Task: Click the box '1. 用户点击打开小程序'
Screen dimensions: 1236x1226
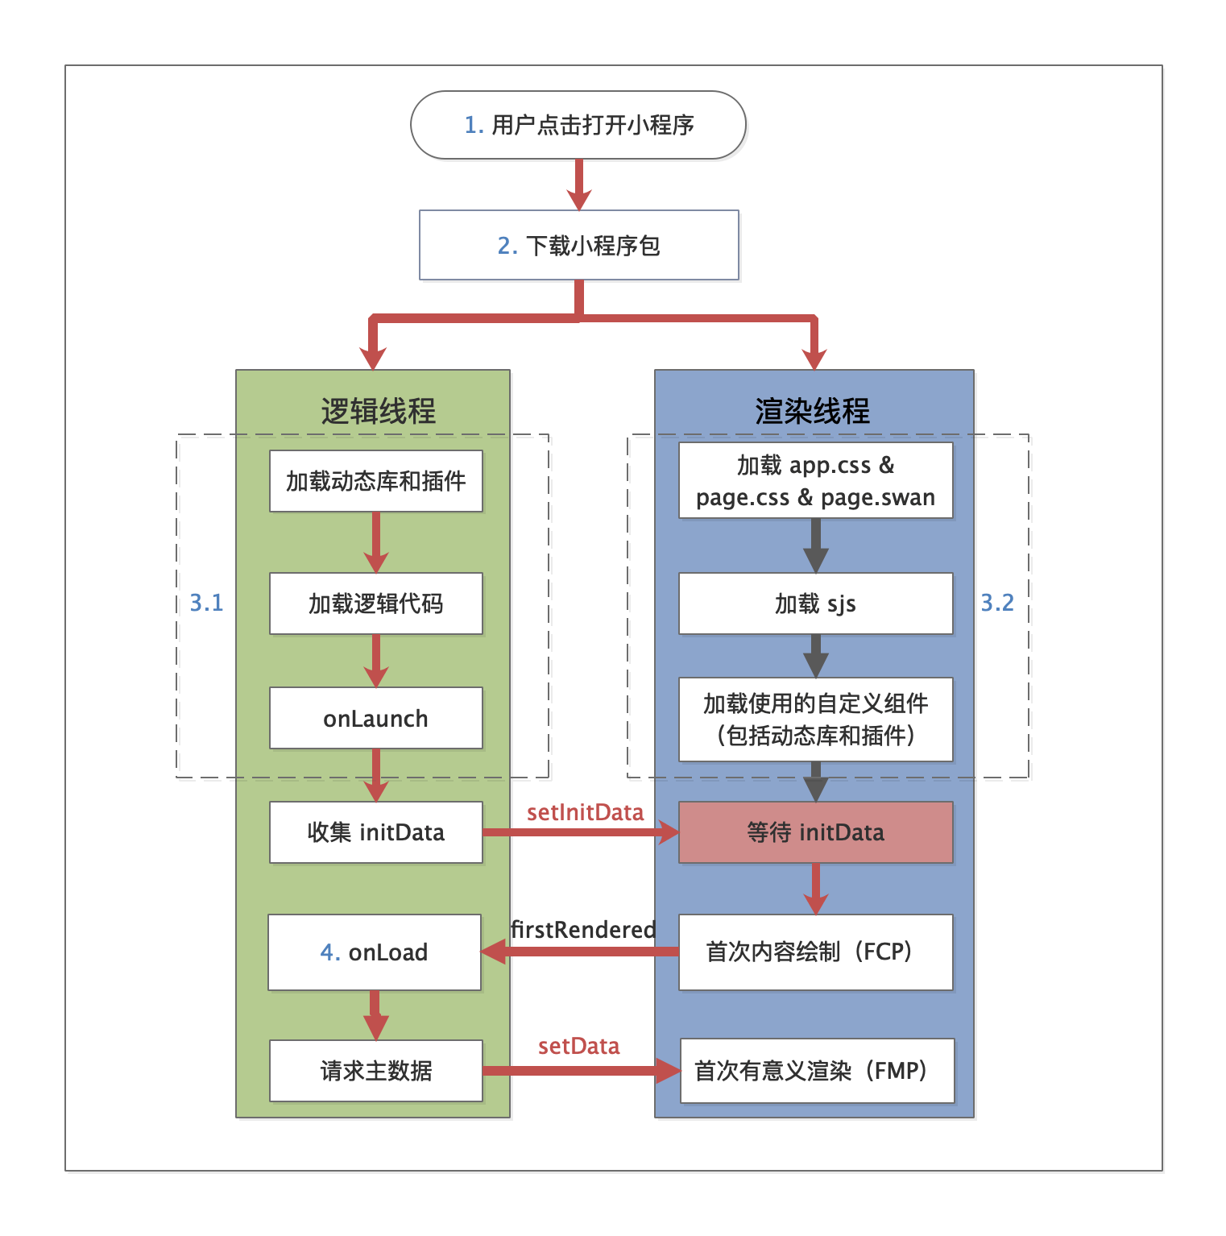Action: tap(578, 125)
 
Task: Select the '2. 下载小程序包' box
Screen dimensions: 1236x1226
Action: tap(578, 245)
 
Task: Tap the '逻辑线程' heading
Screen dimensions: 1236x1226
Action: tap(378, 411)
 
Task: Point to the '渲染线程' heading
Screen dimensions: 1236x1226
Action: tap(812, 411)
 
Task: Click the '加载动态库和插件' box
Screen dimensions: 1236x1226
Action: tap(375, 481)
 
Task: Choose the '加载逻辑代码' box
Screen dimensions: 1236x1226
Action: tap(375, 603)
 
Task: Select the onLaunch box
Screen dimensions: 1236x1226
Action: tap(375, 718)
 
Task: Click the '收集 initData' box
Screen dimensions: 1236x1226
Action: tap(375, 832)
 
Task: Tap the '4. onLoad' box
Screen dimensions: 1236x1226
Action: tap(375, 952)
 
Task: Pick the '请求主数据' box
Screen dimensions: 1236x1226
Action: tap(375, 1071)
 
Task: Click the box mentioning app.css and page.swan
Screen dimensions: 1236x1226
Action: tap(815, 480)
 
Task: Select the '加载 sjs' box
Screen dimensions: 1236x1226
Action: tap(815, 603)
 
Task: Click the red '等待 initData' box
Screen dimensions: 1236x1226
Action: tap(815, 832)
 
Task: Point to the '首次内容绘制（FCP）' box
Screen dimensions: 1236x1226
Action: tap(815, 952)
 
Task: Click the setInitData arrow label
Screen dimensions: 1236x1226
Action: tap(585, 812)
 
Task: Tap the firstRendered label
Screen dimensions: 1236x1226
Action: tap(583, 930)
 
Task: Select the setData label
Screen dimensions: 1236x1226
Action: tap(578, 1046)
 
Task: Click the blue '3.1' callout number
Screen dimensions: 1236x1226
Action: tap(206, 603)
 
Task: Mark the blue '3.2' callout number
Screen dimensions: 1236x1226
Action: tap(996, 603)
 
